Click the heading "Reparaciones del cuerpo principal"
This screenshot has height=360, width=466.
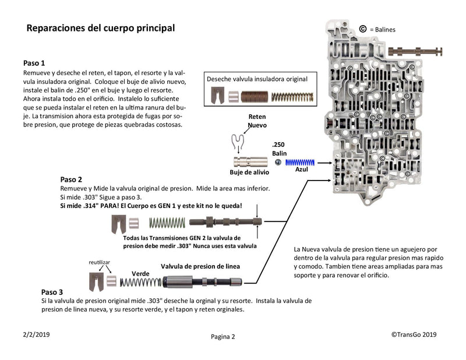[x=101, y=28]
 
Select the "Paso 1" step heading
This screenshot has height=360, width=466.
[x=34, y=62]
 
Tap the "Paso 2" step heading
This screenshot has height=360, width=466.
[x=71, y=179]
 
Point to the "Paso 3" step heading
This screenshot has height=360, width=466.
[x=52, y=291]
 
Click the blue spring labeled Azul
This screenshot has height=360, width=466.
[x=300, y=162]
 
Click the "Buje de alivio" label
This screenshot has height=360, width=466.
[x=249, y=172]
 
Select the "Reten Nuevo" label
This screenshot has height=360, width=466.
[x=257, y=121]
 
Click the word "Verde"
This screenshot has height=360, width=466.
[x=140, y=273]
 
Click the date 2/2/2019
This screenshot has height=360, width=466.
[x=36, y=334]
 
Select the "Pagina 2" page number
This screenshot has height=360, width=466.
[x=223, y=336]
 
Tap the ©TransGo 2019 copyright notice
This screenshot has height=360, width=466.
[x=414, y=334]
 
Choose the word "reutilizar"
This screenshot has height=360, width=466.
[x=99, y=263]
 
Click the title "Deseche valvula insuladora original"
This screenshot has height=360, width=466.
[x=257, y=79]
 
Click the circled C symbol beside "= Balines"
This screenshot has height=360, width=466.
[x=363, y=28]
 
